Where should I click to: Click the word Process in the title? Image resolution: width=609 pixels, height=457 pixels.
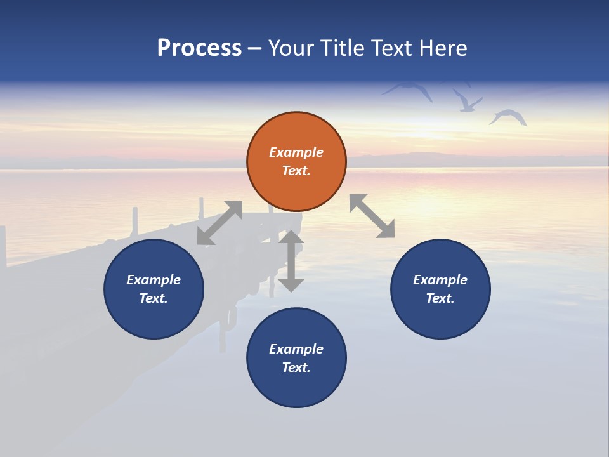click(199, 48)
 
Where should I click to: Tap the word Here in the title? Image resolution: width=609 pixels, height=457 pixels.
click(442, 48)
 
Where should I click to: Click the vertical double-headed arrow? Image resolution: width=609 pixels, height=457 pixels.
click(291, 261)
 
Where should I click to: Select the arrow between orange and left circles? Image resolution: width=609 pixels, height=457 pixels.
click(219, 223)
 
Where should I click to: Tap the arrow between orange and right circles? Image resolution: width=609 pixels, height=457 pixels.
click(372, 216)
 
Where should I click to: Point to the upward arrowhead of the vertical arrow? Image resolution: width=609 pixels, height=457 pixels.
click(291, 239)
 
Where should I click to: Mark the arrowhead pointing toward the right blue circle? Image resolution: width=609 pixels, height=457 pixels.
click(385, 229)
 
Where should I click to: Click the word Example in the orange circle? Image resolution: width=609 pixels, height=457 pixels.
click(296, 152)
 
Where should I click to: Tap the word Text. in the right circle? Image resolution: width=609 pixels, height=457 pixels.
click(440, 298)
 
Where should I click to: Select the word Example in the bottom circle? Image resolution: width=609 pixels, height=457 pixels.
click(296, 349)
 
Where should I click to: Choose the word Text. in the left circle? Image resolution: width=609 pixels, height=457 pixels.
click(154, 298)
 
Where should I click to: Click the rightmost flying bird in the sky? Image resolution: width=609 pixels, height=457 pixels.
click(509, 117)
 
